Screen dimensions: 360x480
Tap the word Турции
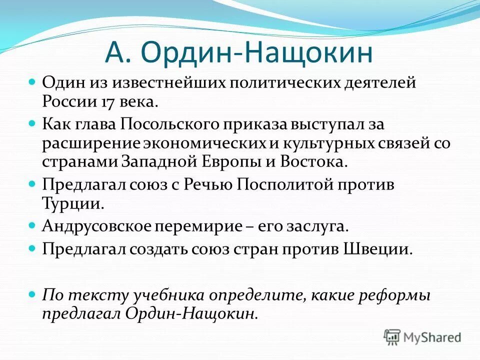[x=73, y=204]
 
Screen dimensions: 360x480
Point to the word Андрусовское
[x=97, y=226]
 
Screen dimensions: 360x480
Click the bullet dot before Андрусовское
[x=32, y=225]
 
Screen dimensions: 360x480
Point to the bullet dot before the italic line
[x=32, y=294]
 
